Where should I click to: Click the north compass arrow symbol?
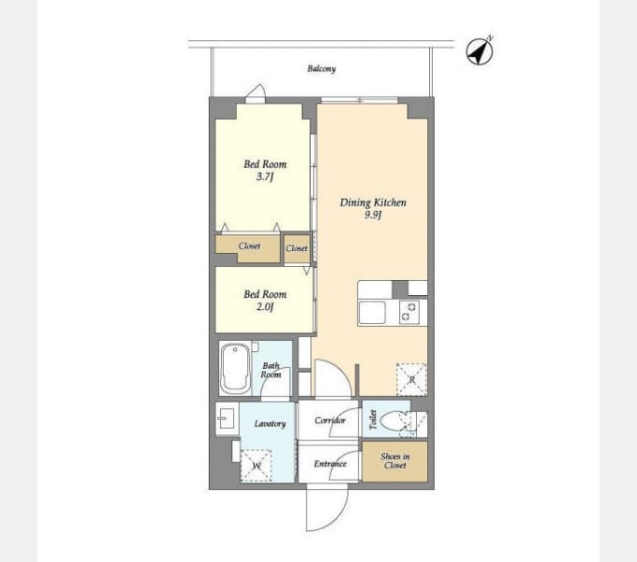point(480,52)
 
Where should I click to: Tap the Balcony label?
point(321,68)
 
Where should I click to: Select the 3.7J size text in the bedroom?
point(265,177)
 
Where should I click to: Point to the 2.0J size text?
point(265,306)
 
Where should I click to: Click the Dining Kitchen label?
point(373,202)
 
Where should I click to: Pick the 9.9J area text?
point(373,214)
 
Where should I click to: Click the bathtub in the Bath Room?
point(235,369)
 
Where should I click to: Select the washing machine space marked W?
point(256,466)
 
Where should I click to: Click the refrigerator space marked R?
point(411,379)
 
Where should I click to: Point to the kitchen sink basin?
point(372,313)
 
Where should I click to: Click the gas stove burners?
point(409,312)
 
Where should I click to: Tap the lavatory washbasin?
point(226,419)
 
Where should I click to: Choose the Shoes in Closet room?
point(395,462)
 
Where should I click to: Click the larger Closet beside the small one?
point(248,248)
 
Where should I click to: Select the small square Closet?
point(297,248)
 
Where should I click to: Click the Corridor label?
point(330,421)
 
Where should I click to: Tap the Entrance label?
point(330,464)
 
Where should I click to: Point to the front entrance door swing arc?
point(340,516)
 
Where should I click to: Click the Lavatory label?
point(270,424)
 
